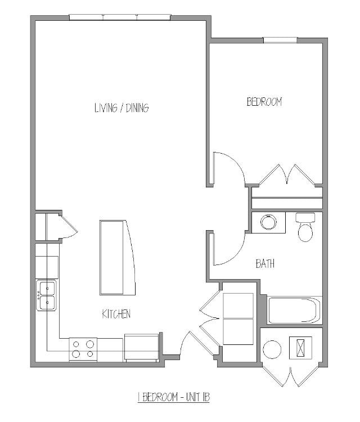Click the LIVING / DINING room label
121,108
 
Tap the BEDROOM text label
264,102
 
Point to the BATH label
265,263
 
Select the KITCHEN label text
116,314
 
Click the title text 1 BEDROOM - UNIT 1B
174,397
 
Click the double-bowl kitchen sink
47,295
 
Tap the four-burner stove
83,349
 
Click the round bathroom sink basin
268,222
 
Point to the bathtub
294,311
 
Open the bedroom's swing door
228,168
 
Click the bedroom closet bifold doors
287,175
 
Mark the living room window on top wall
120,17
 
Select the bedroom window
280,40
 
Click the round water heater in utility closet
272,349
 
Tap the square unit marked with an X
300,347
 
